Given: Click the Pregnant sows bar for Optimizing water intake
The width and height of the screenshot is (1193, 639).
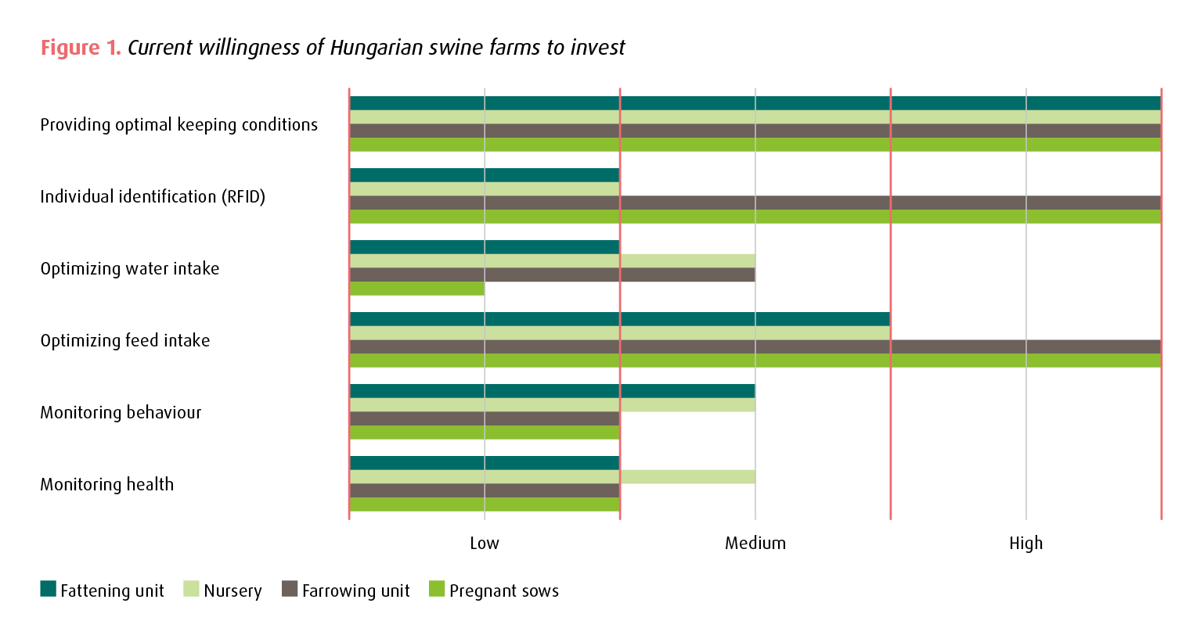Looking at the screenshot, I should point(417,289).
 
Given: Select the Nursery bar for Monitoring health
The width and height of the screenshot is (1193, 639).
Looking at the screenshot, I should point(552,477).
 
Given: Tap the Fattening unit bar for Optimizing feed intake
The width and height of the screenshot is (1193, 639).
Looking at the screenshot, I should point(619,319).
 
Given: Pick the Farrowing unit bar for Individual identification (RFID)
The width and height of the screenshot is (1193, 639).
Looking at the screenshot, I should point(755,203).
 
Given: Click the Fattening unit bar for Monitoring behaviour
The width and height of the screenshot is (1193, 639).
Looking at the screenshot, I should point(552,391).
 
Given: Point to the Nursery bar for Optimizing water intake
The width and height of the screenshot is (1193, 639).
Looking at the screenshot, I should point(552,261).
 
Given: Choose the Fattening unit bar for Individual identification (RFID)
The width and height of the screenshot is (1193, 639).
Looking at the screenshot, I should point(485,175).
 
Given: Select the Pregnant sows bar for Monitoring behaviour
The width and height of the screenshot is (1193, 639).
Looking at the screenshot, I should point(485,433).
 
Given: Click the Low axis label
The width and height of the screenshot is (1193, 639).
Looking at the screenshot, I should point(485,544).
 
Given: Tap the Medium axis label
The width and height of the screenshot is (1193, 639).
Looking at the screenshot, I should point(755,544).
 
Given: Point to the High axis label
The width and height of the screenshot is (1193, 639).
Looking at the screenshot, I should point(1025,544).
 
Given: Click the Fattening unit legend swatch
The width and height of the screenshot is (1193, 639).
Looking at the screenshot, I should point(49,589).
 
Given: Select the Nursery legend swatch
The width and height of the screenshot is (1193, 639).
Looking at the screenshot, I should point(191,589).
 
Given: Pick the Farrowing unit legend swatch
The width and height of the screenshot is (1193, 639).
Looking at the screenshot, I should point(290,589).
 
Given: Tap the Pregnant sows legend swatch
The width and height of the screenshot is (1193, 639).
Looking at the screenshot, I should point(437,589).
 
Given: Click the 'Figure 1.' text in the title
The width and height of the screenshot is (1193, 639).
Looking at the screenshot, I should point(81,48).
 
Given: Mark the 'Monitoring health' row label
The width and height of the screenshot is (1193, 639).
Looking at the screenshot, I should point(107,485).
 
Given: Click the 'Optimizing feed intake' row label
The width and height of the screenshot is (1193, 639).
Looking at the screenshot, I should point(125,341).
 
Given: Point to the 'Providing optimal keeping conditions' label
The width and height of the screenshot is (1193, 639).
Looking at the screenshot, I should point(179,125).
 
